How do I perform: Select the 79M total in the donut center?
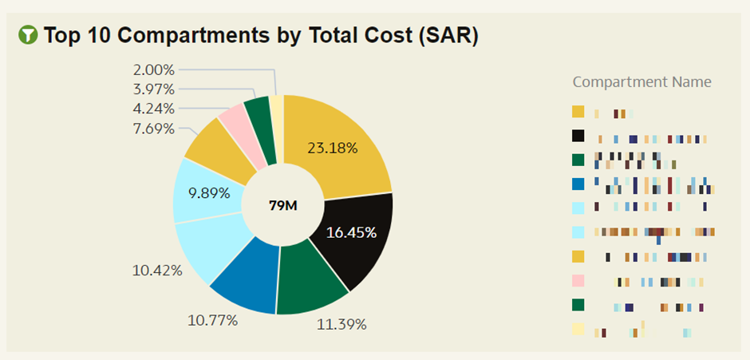282,205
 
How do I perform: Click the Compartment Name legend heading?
641,82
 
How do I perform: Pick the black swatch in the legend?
578,136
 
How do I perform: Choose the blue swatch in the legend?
578,184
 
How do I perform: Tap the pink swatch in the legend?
578,280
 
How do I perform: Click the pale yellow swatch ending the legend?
578,328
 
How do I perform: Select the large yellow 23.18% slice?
339,148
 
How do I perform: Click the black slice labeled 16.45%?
355,235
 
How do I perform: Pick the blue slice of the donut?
243,279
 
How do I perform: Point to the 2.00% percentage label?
153,70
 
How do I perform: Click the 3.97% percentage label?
153,89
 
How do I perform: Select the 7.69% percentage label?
153,128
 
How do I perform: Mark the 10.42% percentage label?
157,271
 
